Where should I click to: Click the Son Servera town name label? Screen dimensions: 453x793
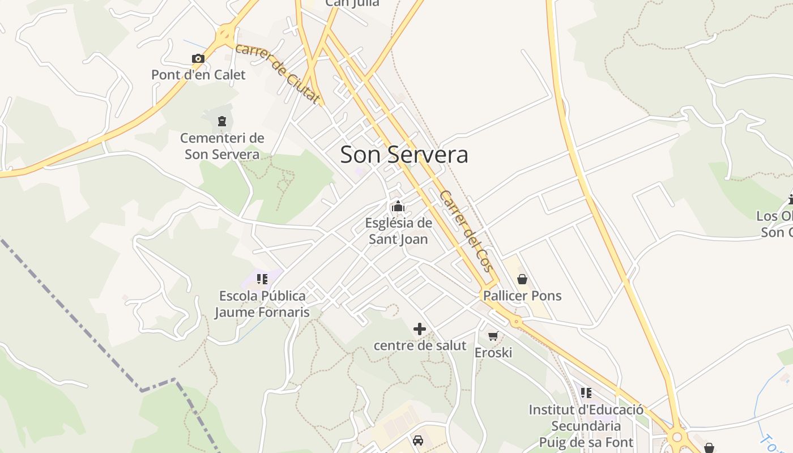tap(404, 155)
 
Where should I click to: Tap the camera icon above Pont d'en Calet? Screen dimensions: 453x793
tap(198, 58)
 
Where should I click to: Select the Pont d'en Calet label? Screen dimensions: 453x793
tap(198, 75)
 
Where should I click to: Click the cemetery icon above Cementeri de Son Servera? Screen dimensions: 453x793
tap(221, 121)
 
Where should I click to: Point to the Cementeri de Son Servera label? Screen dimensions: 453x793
tap(222, 146)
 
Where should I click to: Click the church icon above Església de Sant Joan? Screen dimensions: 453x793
tap(398, 206)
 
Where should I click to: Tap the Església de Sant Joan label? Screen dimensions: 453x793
tap(398, 231)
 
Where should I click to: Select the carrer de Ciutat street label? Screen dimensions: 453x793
tap(277, 74)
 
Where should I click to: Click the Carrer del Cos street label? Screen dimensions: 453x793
tap(466, 230)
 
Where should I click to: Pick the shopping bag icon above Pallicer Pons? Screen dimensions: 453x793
tap(522, 279)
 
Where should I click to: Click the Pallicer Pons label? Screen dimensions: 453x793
tap(522, 296)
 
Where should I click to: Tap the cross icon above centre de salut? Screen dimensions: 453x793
tap(420, 329)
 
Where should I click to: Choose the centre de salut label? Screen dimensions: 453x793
tap(420, 345)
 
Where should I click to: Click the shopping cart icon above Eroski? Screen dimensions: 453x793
tap(493, 336)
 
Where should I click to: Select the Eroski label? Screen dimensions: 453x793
tap(493, 353)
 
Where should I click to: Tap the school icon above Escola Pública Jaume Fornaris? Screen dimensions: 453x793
tap(262, 279)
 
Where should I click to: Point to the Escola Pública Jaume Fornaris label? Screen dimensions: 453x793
tap(262, 304)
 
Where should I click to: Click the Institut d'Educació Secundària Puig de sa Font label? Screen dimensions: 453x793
tap(586, 426)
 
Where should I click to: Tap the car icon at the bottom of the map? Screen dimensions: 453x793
tap(418, 441)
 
